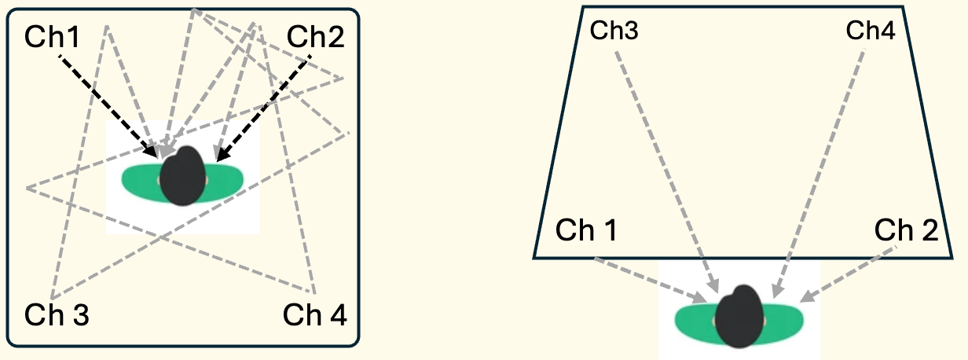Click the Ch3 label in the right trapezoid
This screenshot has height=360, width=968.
[614, 32]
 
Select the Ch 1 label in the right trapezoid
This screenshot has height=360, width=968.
[586, 232]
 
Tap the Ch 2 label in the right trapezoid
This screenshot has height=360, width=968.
[905, 232]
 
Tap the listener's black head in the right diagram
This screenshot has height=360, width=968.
[739, 314]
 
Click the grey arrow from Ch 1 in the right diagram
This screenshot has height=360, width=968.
[647, 279]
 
